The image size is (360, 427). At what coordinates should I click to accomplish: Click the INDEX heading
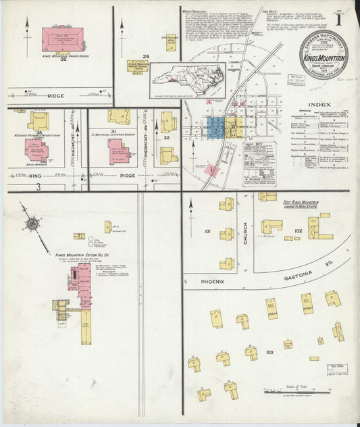click(x=319, y=104)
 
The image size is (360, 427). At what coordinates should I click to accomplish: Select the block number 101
click(x=208, y=232)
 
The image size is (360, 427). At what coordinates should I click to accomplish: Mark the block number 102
click(x=299, y=230)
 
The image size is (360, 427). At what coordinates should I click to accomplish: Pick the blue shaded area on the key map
click(x=215, y=126)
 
